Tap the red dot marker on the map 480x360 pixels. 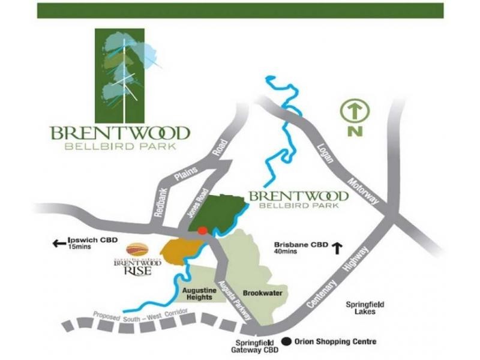click(203, 230)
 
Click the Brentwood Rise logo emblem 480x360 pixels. click(136, 248)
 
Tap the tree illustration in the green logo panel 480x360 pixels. click(124, 72)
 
